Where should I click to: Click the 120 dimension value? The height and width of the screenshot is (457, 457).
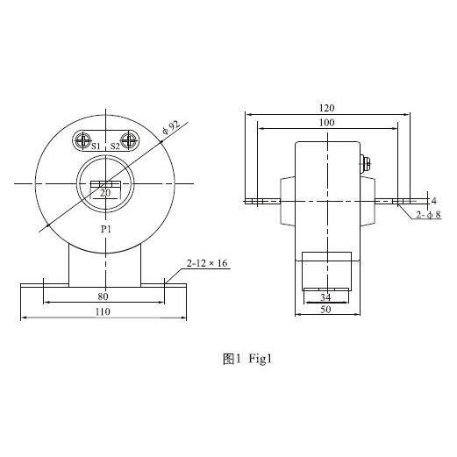click(326, 108)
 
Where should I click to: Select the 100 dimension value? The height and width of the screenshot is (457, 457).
click(326, 123)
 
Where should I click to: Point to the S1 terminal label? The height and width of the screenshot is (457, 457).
click(96, 146)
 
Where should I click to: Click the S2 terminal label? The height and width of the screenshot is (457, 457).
click(115, 146)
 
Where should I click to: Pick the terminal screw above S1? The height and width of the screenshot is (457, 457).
click(83, 140)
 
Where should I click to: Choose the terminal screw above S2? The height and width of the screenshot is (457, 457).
click(129, 140)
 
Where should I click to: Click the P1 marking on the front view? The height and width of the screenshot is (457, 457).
click(106, 229)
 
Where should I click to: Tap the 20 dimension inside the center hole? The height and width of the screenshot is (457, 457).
click(105, 193)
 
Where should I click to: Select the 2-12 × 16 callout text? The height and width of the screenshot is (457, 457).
click(207, 263)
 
